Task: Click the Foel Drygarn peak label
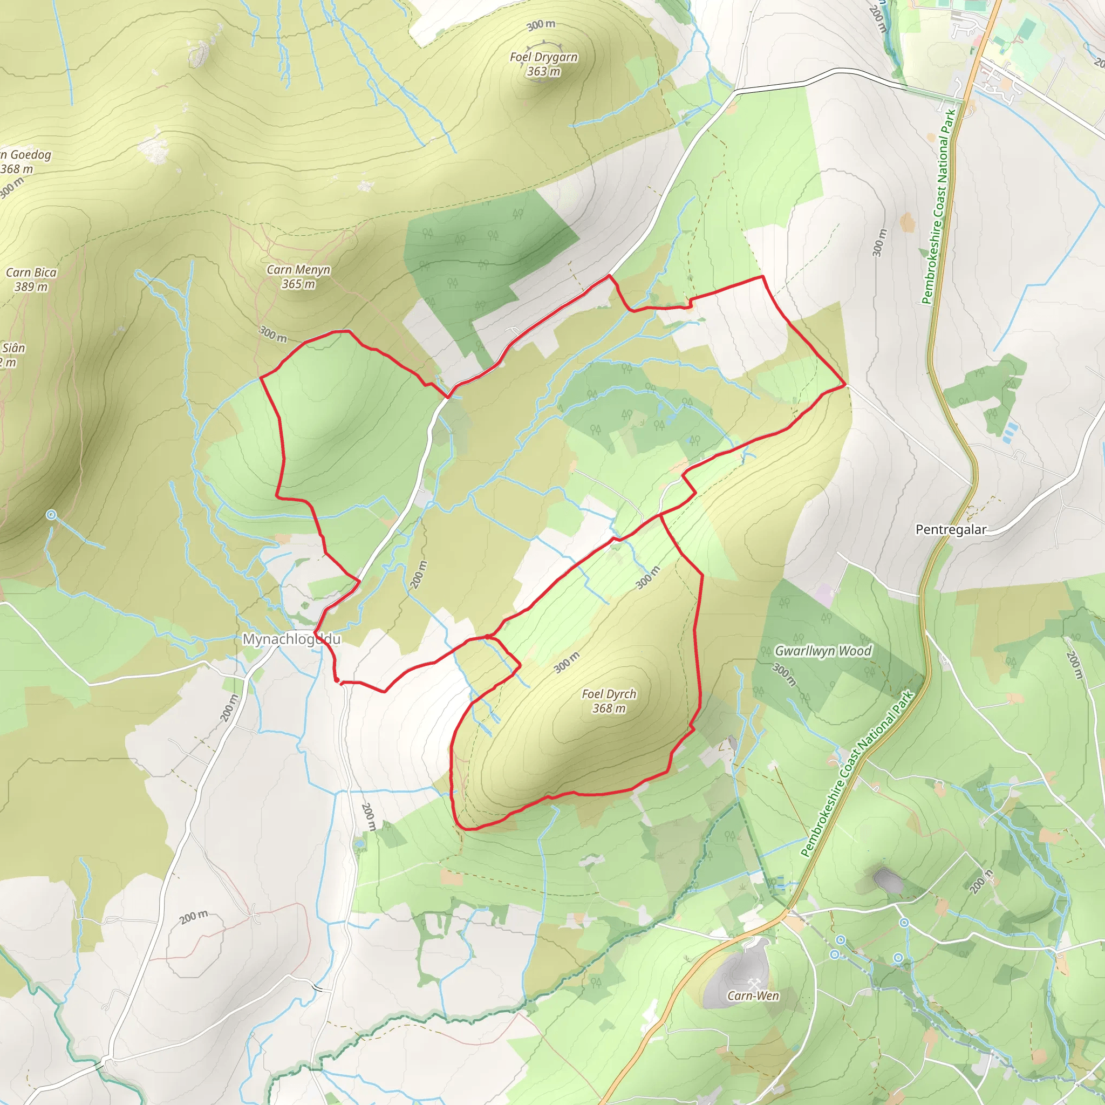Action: (x=543, y=57)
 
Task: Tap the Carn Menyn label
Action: (x=298, y=269)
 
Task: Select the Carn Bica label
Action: (x=31, y=273)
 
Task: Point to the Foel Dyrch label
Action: (x=609, y=694)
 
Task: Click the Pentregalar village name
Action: (x=951, y=530)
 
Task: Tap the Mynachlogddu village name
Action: (x=292, y=639)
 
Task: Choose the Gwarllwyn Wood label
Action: (x=823, y=651)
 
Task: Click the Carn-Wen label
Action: (x=753, y=996)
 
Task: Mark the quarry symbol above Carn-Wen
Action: (x=753, y=983)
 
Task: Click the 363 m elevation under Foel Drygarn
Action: (x=543, y=72)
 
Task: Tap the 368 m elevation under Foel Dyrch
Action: (x=609, y=708)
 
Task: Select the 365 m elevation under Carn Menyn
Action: (x=298, y=284)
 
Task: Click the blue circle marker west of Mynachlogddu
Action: (x=51, y=515)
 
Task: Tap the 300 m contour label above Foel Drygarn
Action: (x=541, y=25)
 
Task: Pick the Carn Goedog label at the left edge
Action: (x=26, y=155)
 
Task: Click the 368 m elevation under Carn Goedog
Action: (x=17, y=169)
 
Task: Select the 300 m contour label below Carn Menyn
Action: (x=273, y=334)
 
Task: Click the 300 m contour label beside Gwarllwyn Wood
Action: (x=784, y=674)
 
